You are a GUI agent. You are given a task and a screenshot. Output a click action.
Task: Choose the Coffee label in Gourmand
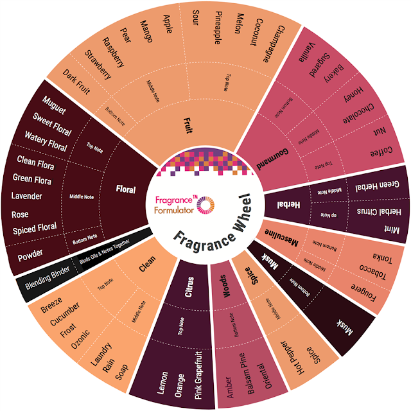pos(380,154)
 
